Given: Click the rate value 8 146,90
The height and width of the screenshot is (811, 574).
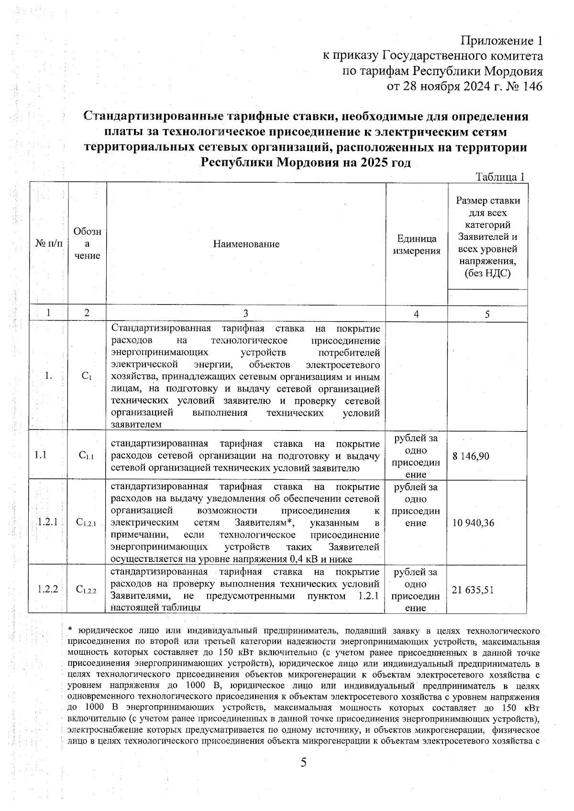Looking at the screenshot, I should (471, 456).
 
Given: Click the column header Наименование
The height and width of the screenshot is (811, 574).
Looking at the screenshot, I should (246, 244).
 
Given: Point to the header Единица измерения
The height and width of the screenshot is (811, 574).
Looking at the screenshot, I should (417, 245).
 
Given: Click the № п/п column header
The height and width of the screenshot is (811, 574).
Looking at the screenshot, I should (49, 244).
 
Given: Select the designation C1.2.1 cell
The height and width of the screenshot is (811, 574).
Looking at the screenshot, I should (86, 523).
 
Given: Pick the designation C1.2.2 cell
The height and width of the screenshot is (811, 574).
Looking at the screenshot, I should (86, 590).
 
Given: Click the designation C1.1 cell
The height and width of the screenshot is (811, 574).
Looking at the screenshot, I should (86, 456).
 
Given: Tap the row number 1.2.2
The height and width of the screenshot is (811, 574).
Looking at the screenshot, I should (47, 589).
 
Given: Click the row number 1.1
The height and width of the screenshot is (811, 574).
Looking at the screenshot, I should (41, 455).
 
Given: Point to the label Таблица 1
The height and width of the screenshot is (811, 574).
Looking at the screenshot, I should (501, 176).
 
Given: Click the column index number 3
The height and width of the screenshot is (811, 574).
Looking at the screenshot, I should (245, 314).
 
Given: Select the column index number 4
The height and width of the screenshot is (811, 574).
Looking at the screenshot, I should (416, 314).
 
